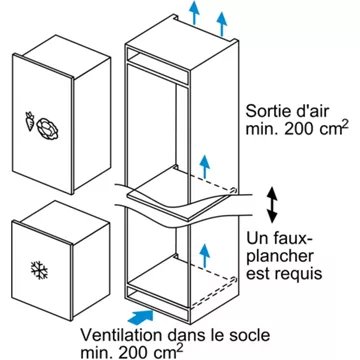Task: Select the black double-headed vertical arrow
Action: click(x=270, y=205)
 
